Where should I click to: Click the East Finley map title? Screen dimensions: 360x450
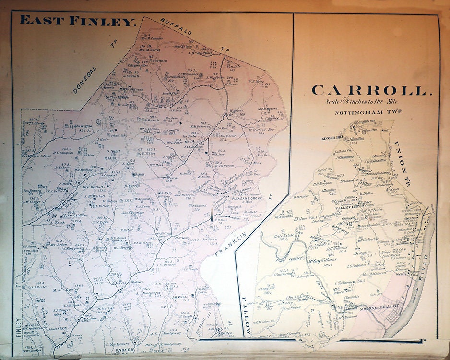pos(79,21)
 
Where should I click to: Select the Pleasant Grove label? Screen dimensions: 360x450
pos(234,197)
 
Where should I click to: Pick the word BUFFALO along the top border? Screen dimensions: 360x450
pos(176,27)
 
